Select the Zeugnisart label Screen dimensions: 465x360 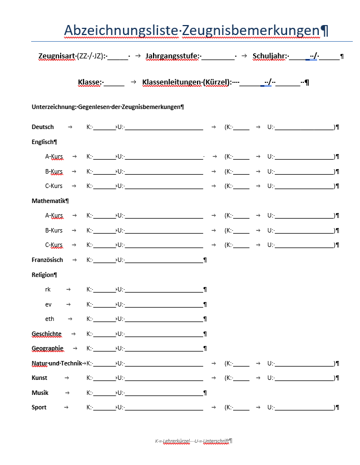pyautogui.click(x=58, y=56)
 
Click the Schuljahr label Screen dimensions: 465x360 pyautogui.click(x=269, y=56)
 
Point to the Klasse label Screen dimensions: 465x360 pyautogui.click(x=88, y=82)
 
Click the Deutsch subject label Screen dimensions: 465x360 pyautogui.click(x=43, y=127)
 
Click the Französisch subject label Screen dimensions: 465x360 pyautogui.click(x=47, y=260)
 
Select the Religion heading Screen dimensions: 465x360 pyautogui.click(x=43, y=275)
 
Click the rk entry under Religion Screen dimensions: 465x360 pyautogui.click(x=48, y=289)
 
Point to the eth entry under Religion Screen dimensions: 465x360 pyautogui.click(x=50, y=319)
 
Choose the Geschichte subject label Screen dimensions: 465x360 pyautogui.click(x=47, y=334)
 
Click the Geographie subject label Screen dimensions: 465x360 pyautogui.click(x=47, y=348)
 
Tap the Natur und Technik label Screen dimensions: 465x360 pyautogui.click(x=56, y=363)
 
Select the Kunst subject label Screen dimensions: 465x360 pyautogui.click(x=40, y=378)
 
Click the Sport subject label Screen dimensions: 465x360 pyautogui.click(x=39, y=407)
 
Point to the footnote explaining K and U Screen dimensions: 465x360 pyautogui.click(x=193, y=441)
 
